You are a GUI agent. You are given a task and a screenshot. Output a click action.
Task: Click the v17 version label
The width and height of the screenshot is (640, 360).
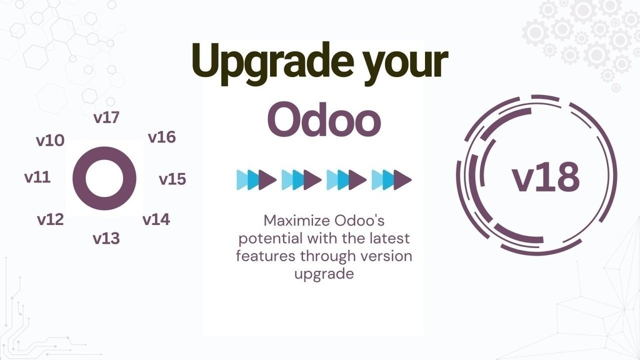106,117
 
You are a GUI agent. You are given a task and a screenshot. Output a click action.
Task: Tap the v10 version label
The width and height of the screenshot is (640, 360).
50,140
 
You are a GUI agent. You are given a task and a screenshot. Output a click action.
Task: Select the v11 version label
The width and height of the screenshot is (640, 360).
37,177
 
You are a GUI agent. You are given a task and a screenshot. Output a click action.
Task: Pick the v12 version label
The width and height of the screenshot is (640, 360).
50,219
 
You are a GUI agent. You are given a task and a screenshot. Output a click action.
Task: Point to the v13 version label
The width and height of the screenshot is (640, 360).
106,238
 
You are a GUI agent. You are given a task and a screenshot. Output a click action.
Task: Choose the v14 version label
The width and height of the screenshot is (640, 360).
156,219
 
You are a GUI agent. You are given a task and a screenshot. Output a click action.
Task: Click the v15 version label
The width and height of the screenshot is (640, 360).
172,179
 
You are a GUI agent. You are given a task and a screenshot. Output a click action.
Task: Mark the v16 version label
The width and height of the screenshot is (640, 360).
162,137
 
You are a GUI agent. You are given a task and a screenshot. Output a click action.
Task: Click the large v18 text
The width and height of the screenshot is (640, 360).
546,177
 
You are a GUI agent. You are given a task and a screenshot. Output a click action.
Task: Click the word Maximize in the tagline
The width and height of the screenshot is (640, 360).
293,221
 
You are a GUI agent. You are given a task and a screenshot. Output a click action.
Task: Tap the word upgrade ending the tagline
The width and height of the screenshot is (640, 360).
324,274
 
